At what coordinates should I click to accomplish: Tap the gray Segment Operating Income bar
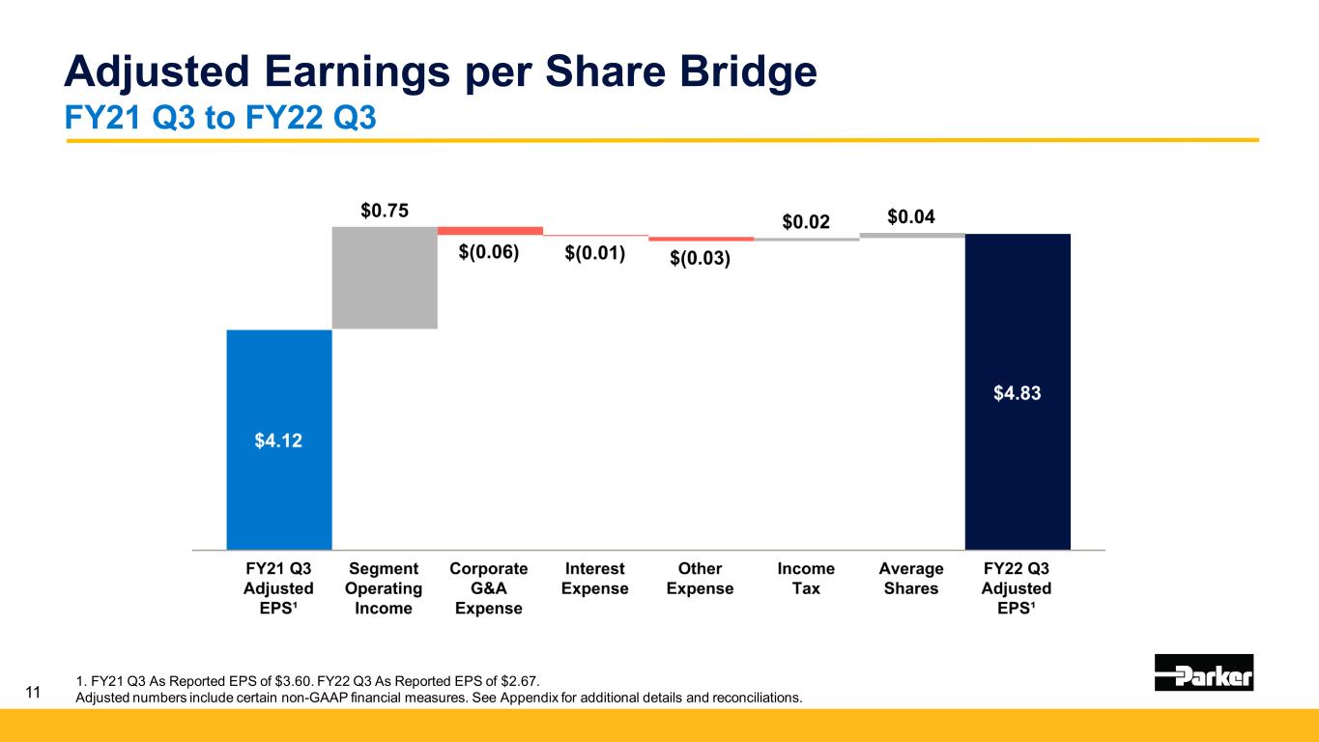click(385, 277)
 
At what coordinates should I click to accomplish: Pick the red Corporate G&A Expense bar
click(490, 231)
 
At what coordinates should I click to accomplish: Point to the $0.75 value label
click(384, 211)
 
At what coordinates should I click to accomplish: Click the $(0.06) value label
click(489, 252)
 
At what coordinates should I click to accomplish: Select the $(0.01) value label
click(594, 253)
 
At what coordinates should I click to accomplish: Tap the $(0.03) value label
click(701, 258)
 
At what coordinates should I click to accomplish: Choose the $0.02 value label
click(806, 222)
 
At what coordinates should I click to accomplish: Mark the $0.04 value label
click(911, 217)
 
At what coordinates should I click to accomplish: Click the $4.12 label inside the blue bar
click(279, 441)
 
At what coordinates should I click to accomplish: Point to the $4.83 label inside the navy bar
click(1018, 393)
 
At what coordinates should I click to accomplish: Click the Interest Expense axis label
click(595, 578)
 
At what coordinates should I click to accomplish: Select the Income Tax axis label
click(806, 578)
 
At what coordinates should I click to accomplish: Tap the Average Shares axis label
click(911, 578)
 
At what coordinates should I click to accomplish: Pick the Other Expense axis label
click(700, 578)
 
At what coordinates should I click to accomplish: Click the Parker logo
click(1204, 672)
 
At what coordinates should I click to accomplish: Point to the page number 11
click(33, 692)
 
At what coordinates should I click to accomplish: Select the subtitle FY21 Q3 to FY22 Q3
click(219, 118)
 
